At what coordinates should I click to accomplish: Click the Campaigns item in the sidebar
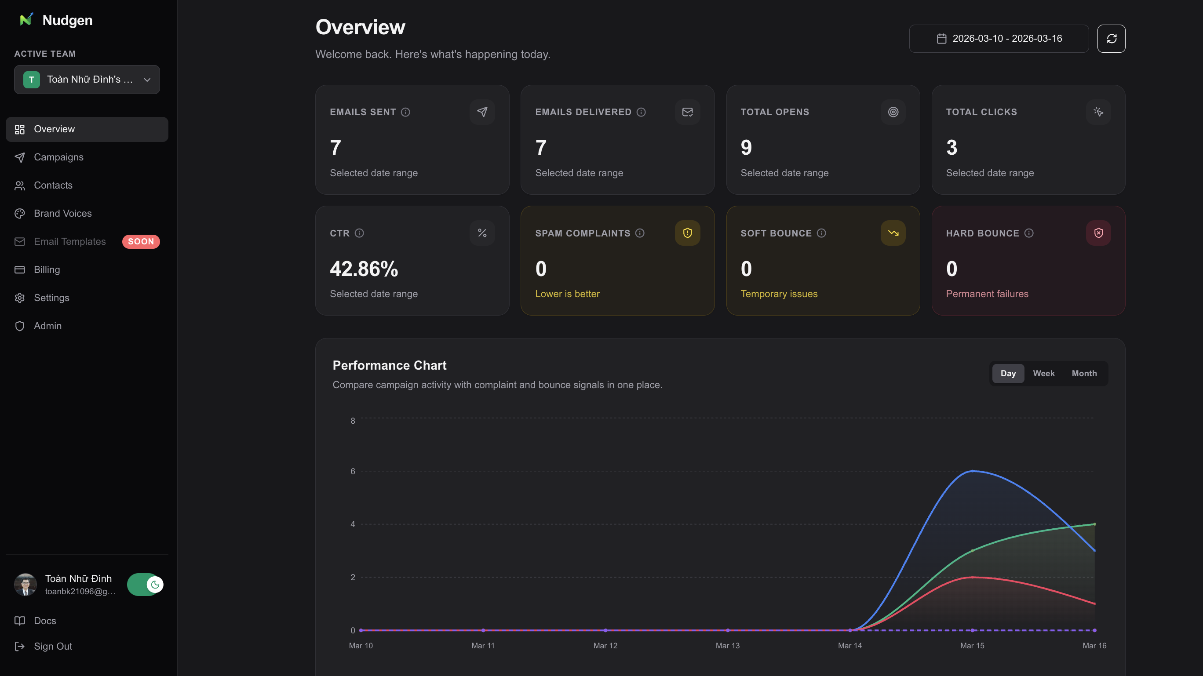point(58,157)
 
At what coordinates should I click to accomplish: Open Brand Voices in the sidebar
point(62,213)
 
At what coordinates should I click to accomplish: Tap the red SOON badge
point(141,241)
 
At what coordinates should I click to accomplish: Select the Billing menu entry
point(47,269)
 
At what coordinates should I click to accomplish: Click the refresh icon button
point(1111,39)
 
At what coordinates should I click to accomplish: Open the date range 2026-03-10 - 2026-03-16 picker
point(999,39)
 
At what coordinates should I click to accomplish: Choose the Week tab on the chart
point(1043,374)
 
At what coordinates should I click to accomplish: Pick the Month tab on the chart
point(1084,374)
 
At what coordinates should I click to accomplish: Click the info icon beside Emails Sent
point(405,112)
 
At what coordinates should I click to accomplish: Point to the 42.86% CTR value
point(364,269)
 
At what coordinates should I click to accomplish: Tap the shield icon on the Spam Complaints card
point(687,233)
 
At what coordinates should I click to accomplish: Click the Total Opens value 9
point(746,148)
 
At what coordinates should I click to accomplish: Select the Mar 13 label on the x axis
point(727,646)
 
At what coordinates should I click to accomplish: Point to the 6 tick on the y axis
point(353,472)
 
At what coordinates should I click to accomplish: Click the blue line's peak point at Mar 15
point(972,471)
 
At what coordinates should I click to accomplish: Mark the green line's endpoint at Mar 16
point(1094,524)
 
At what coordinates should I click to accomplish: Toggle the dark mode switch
point(145,585)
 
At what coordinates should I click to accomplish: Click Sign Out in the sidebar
point(53,646)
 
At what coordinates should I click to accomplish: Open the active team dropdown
point(87,80)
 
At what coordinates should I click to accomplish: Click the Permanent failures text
point(987,294)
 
